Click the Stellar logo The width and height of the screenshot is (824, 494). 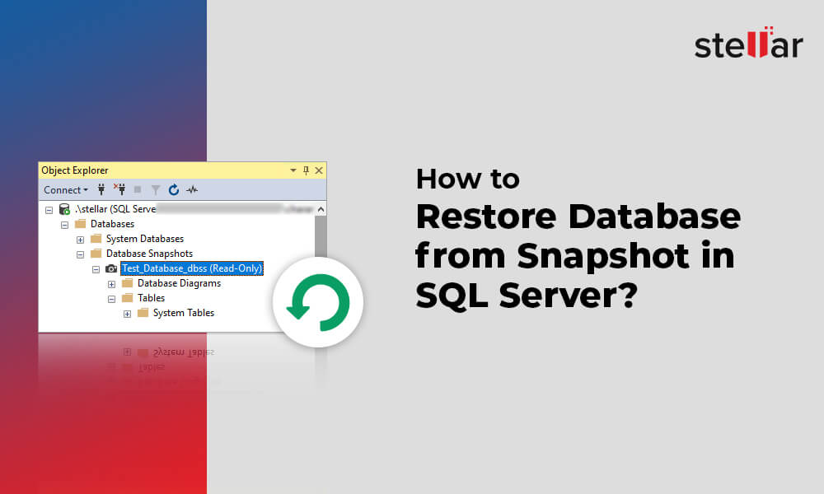pyautogui.click(x=748, y=44)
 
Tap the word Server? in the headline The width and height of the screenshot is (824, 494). pyautogui.click(x=569, y=293)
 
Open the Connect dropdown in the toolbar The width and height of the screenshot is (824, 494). pyautogui.click(x=66, y=190)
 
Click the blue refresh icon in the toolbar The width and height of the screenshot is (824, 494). pyautogui.click(x=174, y=190)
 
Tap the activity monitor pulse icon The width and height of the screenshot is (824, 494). pyautogui.click(x=192, y=190)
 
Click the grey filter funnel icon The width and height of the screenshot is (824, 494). pyautogui.click(x=156, y=190)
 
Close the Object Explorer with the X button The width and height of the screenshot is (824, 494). pyautogui.click(x=319, y=170)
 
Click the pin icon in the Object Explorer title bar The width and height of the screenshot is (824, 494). pyautogui.click(x=306, y=170)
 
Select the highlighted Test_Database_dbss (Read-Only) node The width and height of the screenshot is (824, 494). pyautogui.click(x=191, y=268)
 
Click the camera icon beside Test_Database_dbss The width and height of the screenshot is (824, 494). pyautogui.click(x=111, y=268)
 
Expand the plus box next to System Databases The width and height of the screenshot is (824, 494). pyautogui.click(x=80, y=239)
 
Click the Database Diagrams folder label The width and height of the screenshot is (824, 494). pyautogui.click(x=179, y=283)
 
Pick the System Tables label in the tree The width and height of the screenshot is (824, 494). pyautogui.click(x=183, y=313)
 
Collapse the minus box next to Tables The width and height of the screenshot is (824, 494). pyautogui.click(x=111, y=298)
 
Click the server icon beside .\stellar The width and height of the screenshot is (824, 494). pyautogui.click(x=64, y=209)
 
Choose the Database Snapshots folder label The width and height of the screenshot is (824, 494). pyautogui.click(x=149, y=254)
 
